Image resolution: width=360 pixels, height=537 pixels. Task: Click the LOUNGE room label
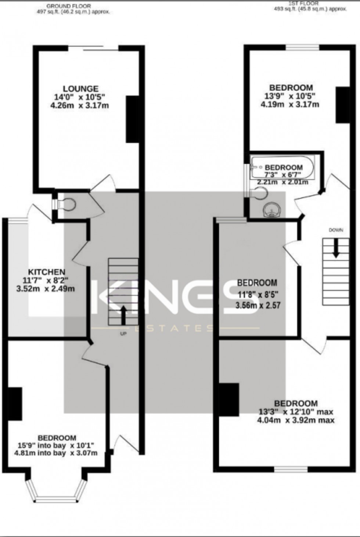(x=80, y=89)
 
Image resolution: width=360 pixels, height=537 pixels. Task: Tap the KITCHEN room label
(x=47, y=272)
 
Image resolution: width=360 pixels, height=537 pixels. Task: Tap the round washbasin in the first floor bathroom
(x=272, y=211)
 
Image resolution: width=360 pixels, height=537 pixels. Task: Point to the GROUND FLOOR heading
(x=68, y=6)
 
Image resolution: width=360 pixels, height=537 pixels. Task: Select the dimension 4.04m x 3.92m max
(x=296, y=420)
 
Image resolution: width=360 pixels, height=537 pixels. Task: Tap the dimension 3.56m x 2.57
(x=258, y=305)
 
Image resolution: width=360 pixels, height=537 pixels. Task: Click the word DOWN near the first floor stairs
(x=336, y=230)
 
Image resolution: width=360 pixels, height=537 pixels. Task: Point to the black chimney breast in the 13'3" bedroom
(x=229, y=400)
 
